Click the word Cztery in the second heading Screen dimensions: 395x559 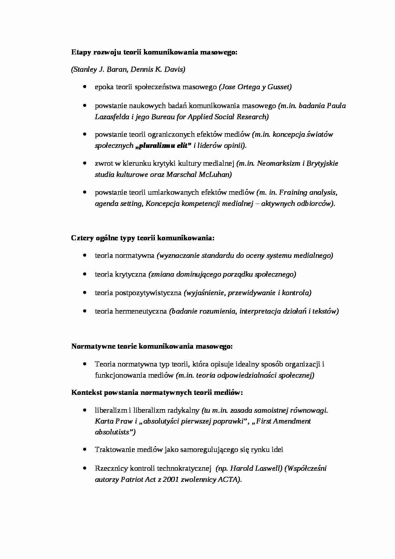tap(82, 238)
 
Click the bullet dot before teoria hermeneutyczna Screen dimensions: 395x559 tap(84, 311)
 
